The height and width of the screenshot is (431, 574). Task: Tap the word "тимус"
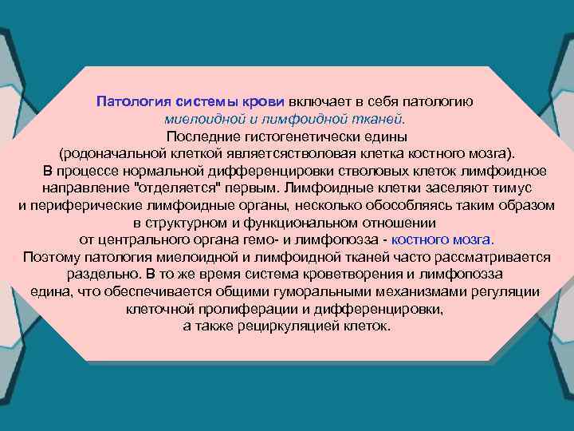[x=512, y=188]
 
